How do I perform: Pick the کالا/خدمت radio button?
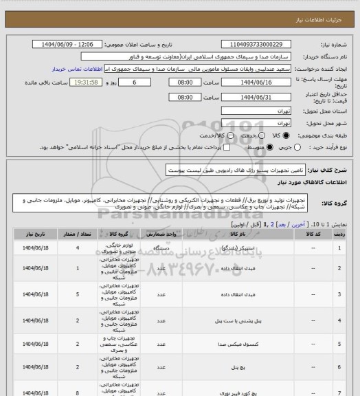click(214, 136)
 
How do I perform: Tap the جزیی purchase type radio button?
click(271, 147)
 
